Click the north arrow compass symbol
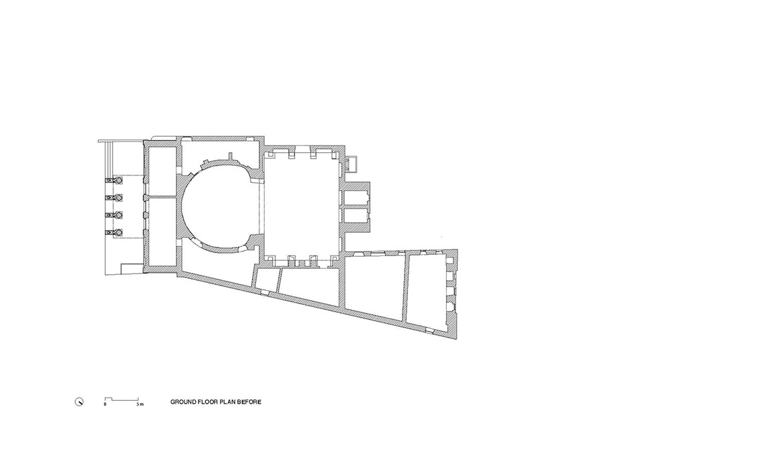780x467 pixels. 79,402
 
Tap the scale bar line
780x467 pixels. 121,399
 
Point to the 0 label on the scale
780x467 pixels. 105,404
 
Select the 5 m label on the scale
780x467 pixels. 140,404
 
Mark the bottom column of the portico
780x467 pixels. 119,232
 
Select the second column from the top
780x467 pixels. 119,197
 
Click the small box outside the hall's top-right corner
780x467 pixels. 352,163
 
